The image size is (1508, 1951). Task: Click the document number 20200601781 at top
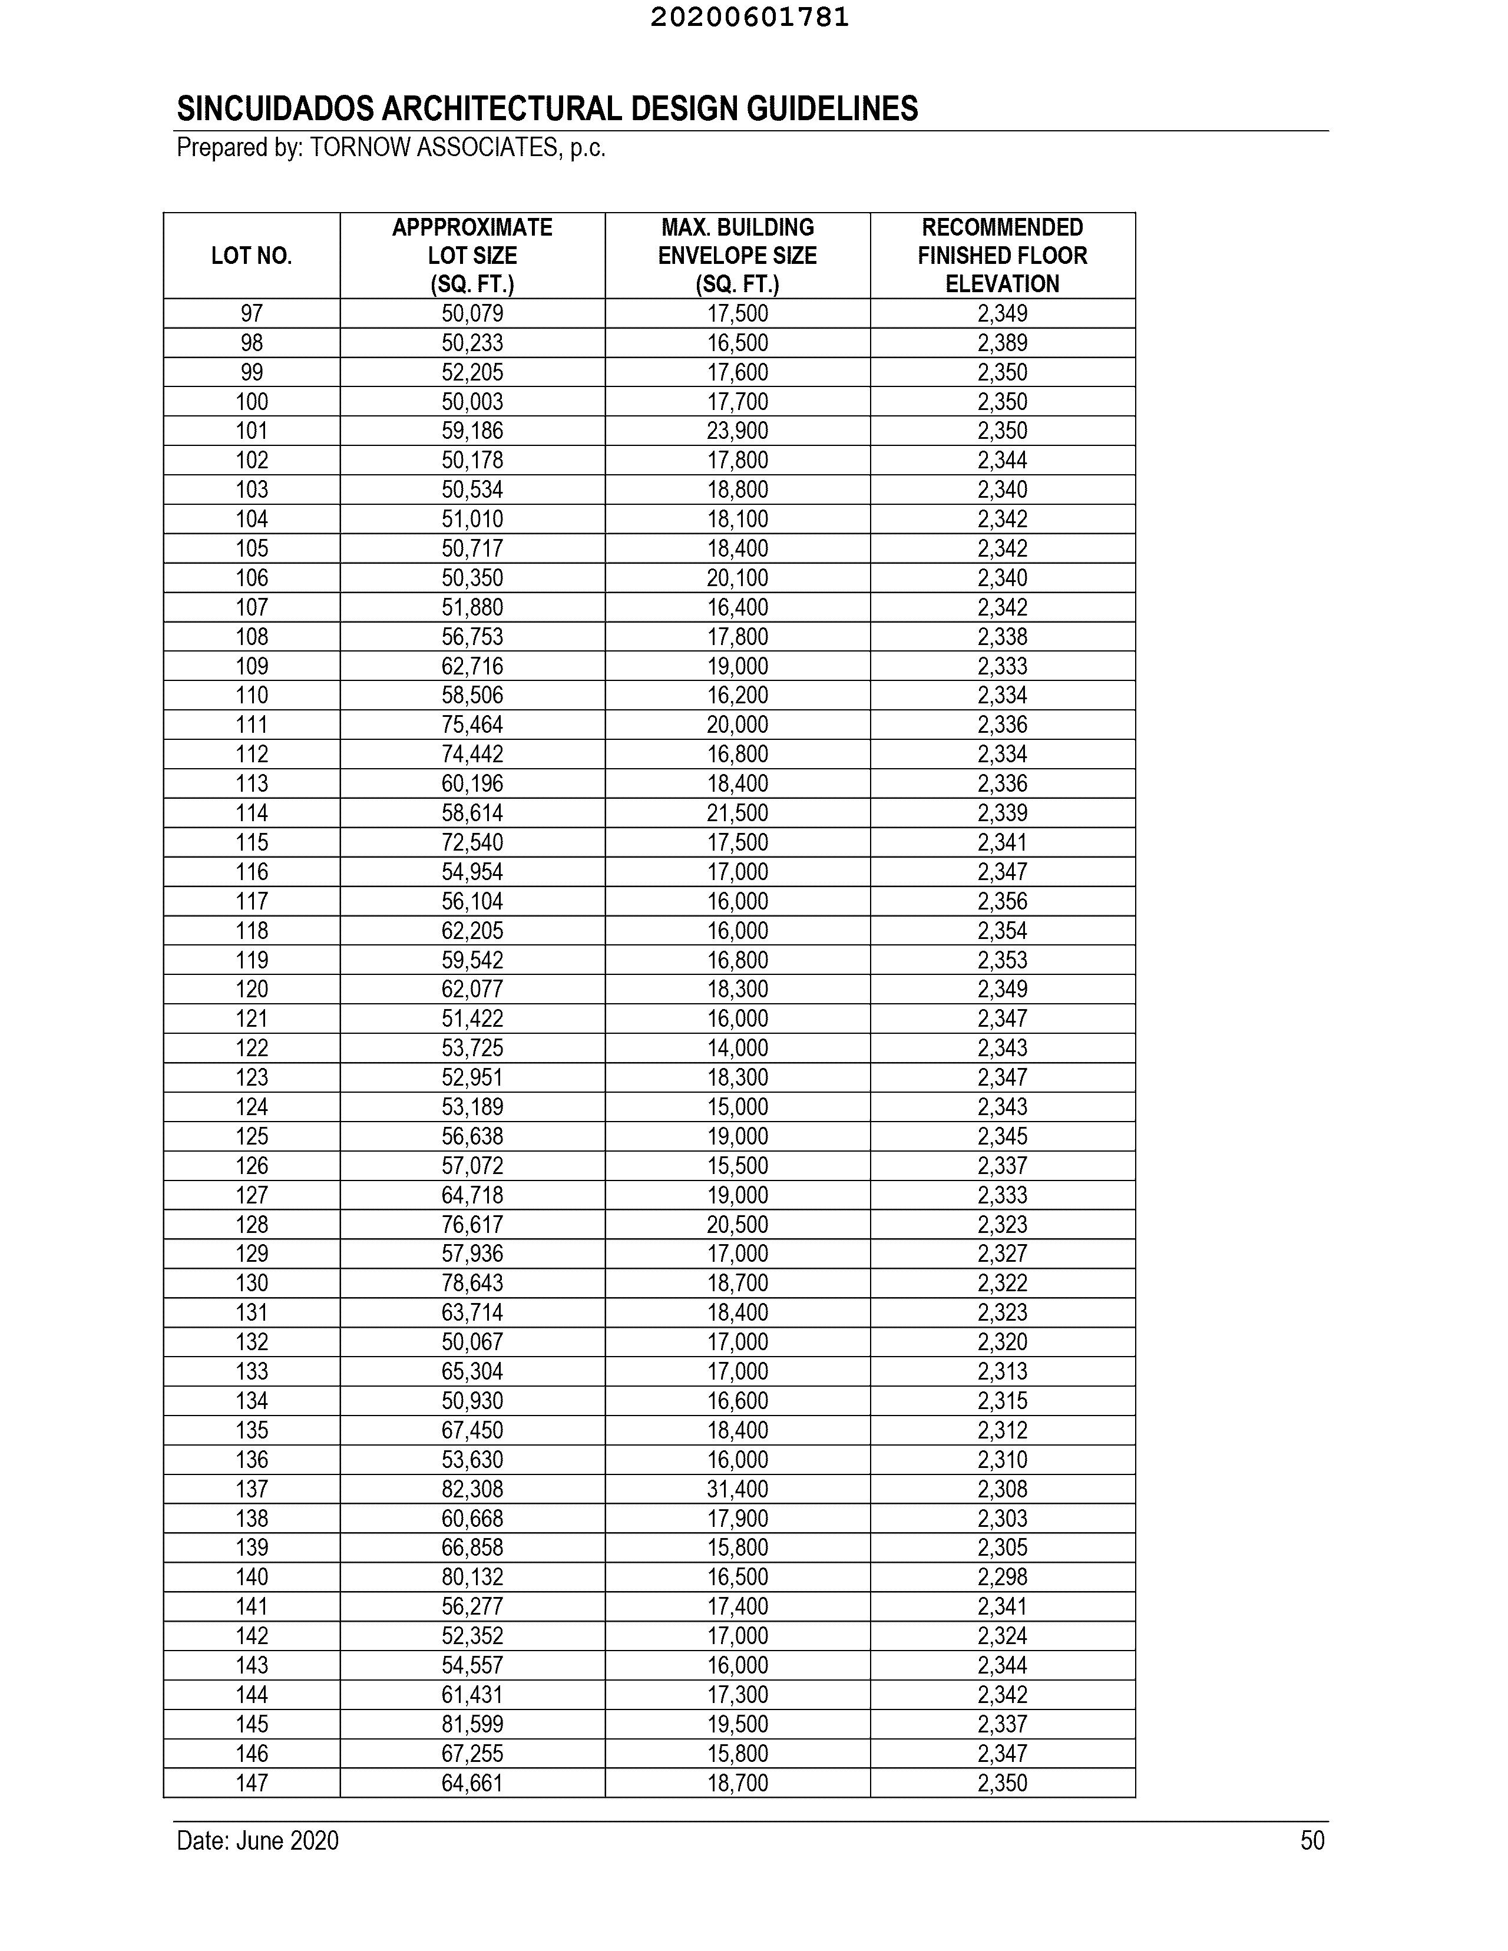point(749,18)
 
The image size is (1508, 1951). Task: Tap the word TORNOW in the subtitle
point(360,147)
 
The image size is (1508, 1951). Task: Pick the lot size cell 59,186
point(472,431)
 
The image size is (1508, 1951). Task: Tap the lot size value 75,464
point(472,725)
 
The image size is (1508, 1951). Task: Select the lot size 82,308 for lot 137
point(472,1489)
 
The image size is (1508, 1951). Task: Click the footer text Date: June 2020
point(257,1841)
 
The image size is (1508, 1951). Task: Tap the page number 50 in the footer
point(1311,1841)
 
